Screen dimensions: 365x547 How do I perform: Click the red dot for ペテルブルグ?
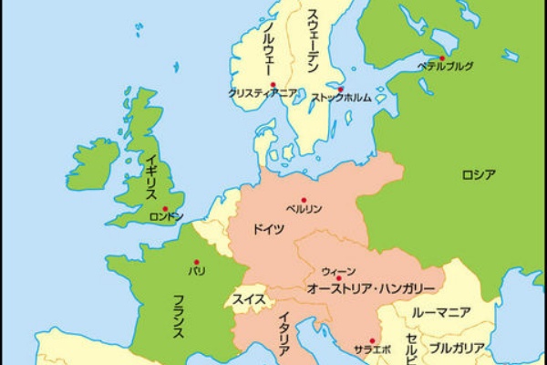point(442,58)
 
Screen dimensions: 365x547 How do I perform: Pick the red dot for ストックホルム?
point(341,89)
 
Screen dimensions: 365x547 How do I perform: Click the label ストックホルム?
point(342,98)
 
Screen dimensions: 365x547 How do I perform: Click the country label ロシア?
point(479,174)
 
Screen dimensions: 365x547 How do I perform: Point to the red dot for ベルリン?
point(304,200)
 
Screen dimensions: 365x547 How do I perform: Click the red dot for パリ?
point(196,262)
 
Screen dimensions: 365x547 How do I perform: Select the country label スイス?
point(249,298)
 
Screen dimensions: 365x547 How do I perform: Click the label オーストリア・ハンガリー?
point(357,287)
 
